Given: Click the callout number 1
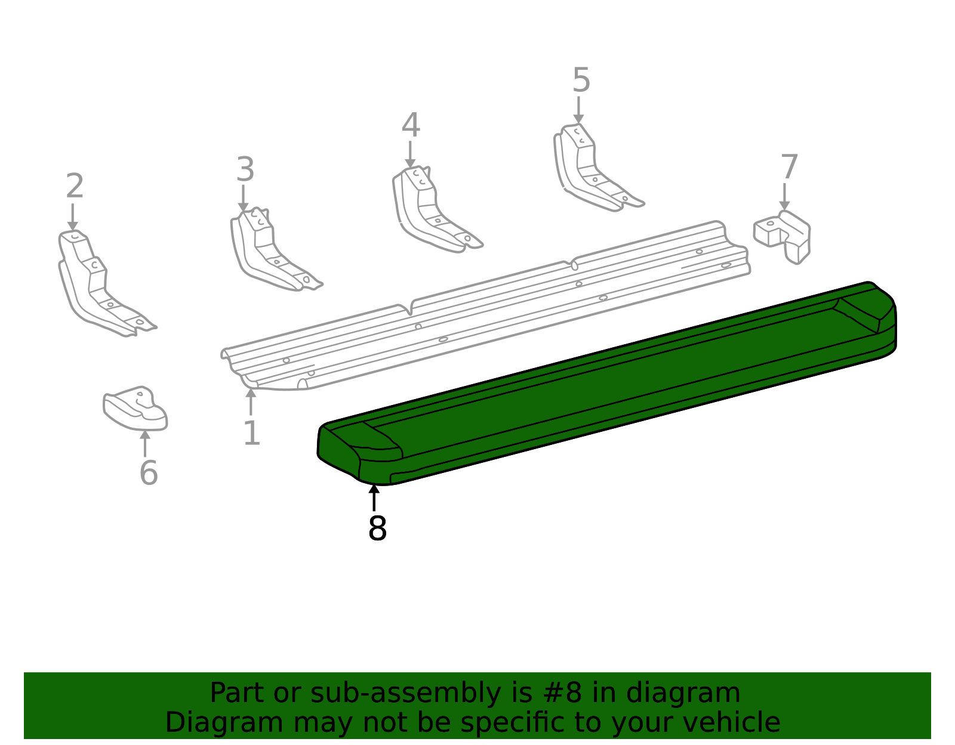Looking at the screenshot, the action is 252,433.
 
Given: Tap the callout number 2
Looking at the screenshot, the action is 75,186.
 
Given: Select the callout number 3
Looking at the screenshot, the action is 245,169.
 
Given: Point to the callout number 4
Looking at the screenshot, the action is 411,125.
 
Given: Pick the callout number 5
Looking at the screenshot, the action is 581,80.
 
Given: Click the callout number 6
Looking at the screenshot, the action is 149,473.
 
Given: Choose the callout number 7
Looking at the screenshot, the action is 789,166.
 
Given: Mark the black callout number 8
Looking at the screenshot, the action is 377,528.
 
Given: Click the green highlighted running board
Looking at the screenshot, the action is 606,387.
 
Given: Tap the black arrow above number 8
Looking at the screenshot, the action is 374,498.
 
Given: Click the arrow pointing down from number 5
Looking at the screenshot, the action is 579,110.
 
